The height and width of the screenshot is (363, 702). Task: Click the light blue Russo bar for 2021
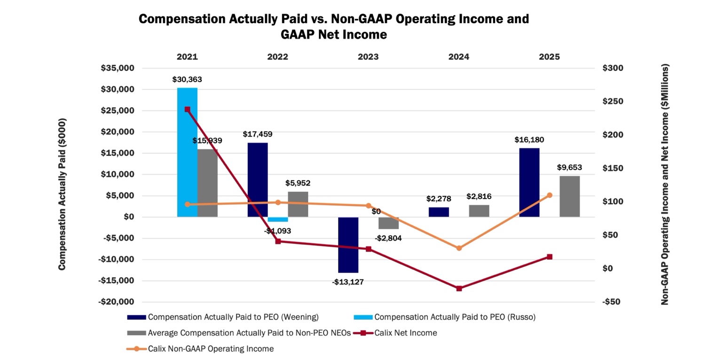tap(187, 152)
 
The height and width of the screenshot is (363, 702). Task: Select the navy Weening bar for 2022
tap(258, 179)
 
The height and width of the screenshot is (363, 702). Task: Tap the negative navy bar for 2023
tap(348, 245)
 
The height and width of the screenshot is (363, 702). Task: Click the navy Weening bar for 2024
tap(439, 212)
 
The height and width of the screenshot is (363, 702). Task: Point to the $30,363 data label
tap(187, 80)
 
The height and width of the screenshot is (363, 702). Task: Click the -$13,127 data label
tap(348, 282)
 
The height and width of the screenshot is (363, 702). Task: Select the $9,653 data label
tap(569, 167)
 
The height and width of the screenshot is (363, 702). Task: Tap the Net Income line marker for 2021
tap(187, 109)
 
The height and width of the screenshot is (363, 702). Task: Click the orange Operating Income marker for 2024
tap(459, 248)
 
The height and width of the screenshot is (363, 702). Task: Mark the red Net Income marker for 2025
tap(550, 257)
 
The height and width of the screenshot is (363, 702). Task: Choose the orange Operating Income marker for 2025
tap(550, 195)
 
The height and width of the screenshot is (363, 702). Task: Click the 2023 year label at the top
tap(368, 57)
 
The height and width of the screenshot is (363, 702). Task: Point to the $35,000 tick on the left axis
tap(118, 68)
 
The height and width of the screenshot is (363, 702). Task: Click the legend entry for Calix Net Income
tap(405, 333)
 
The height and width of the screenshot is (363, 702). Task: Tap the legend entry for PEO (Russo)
tap(455, 317)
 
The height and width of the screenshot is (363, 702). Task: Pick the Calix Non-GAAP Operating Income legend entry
tap(211, 349)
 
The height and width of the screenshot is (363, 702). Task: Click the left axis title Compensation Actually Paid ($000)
tap(62, 193)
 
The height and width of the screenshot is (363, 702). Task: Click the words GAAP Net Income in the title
tap(333, 34)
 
